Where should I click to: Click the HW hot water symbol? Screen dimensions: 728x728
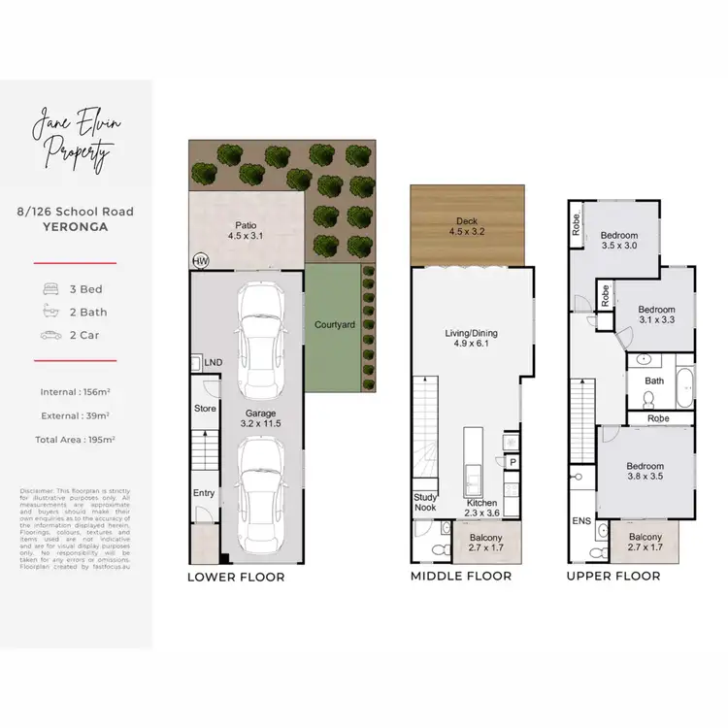(201, 262)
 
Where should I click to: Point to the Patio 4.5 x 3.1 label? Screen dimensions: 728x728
(246, 229)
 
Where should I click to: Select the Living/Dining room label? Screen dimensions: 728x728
(471, 337)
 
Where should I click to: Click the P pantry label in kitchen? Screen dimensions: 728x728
(513, 462)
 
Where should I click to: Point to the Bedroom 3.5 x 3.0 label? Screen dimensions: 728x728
(618, 241)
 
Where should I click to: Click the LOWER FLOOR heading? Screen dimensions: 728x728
(236, 577)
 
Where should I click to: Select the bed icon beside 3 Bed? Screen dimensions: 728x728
(51, 289)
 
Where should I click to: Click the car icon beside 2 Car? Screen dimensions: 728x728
(51, 335)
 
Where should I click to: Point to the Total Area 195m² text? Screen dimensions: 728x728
(76, 440)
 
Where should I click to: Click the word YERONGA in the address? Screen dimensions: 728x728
(75, 227)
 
